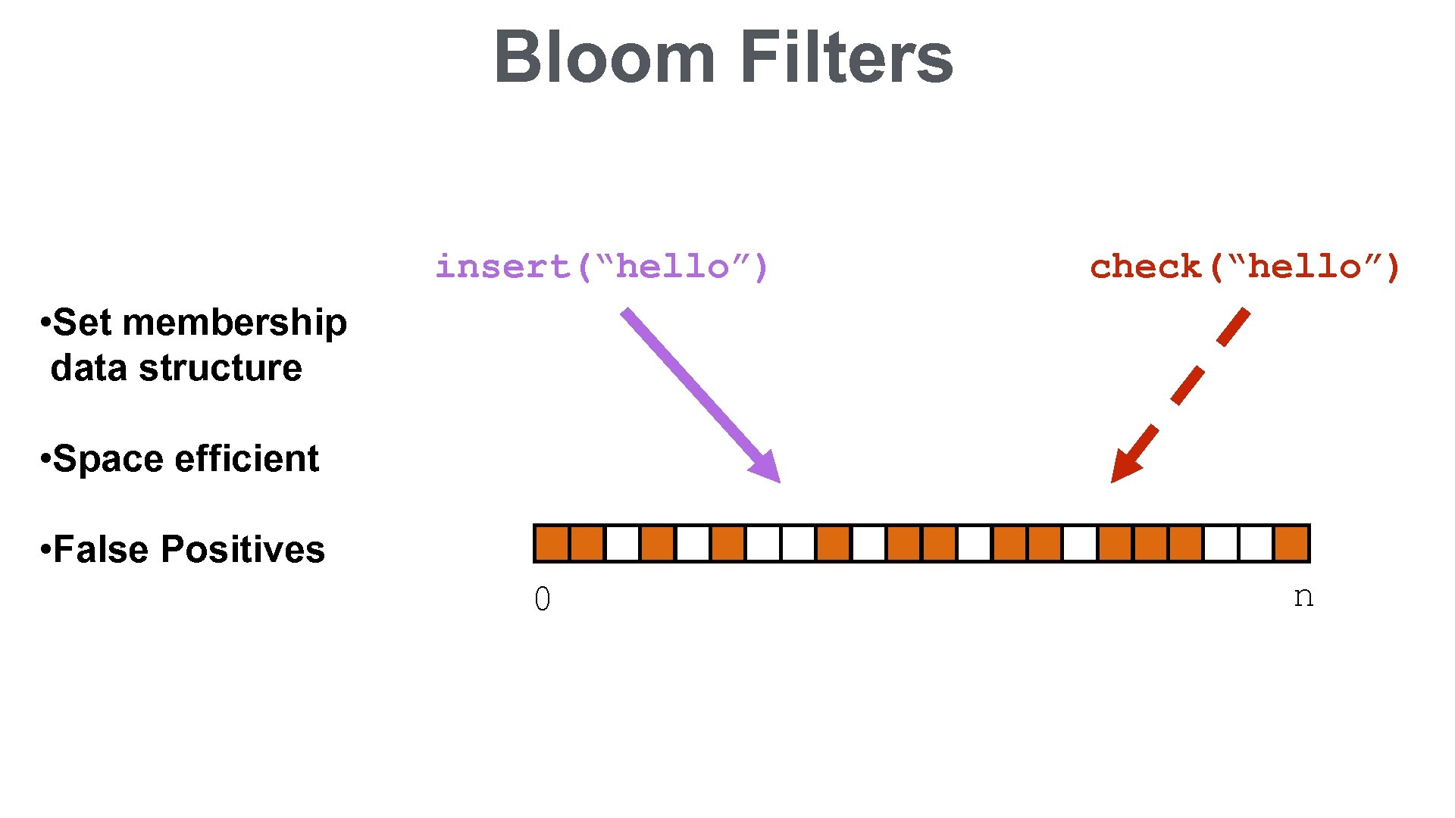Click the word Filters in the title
846,58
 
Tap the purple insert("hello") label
602,267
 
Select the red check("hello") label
1244,267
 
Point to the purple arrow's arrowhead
767,467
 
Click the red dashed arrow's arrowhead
1124,467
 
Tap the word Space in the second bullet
108,459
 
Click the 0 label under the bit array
543,599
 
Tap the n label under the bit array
1303,597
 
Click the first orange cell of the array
552,544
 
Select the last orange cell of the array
1291,544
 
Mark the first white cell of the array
622,544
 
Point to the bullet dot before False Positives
45,548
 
